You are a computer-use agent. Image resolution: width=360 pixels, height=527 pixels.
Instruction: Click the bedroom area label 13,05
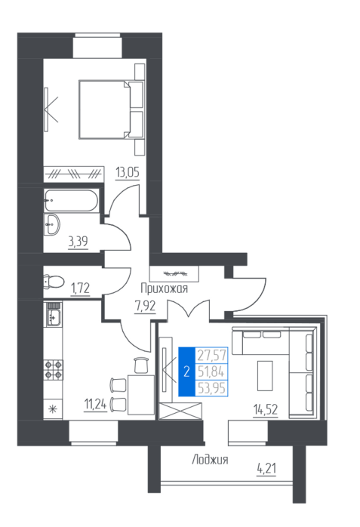pos(128,172)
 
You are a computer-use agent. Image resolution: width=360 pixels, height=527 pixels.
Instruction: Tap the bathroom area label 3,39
pos(78,242)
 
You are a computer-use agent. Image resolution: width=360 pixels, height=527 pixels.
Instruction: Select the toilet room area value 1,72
pos(80,288)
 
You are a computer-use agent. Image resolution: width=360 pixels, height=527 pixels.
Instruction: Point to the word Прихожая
pos(165,288)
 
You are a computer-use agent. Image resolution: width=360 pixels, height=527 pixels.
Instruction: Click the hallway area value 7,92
pos(145,307)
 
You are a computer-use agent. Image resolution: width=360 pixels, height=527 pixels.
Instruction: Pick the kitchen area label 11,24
pos(96,405)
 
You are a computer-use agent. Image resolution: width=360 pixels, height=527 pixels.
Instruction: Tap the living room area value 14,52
pos(266,410)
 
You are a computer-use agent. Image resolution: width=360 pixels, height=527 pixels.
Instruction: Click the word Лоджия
pos(211,460)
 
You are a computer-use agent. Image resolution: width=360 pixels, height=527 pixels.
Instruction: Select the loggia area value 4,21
pos(266,468)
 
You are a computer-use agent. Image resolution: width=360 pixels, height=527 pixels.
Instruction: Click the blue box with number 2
pos(186,371)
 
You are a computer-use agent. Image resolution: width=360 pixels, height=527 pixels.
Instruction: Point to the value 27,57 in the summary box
pos(211,355)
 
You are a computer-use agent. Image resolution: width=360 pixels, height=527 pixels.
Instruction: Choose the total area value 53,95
pos(211,388)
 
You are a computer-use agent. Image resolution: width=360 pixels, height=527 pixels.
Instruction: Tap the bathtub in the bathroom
pos(71,201)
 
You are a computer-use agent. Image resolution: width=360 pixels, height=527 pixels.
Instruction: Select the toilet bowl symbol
pos(54,282)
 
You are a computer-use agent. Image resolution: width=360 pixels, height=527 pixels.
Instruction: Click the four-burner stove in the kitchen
pos(54,370)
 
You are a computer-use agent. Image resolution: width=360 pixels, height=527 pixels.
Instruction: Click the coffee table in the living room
pos(265,375)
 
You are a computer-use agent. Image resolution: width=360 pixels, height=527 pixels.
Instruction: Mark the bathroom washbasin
pos(52,223)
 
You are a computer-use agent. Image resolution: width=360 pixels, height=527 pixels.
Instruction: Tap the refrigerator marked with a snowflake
pos(53,409)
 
